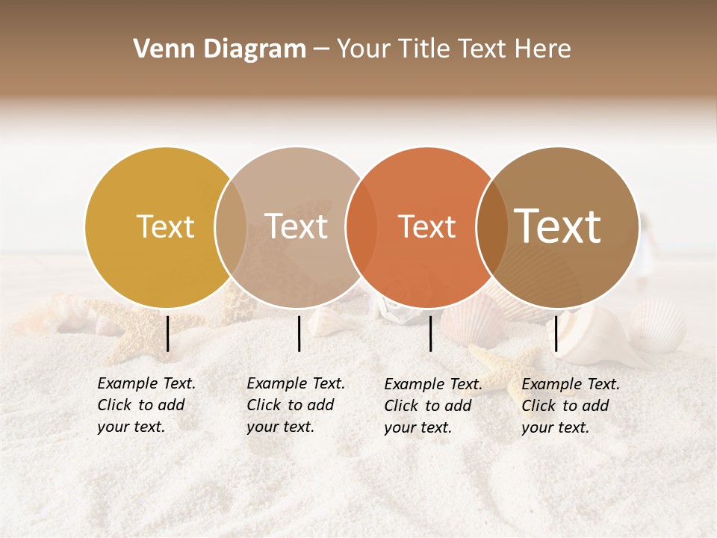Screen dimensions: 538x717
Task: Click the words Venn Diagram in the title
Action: click(220, 49)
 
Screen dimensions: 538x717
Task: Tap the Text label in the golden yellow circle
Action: click(165, 226)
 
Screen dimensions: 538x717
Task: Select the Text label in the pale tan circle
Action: click(296, 226)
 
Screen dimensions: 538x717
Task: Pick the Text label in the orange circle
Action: click(426, 226)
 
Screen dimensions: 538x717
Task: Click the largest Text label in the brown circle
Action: click(558, 226)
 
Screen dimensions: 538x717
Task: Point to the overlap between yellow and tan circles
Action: click(231, 227)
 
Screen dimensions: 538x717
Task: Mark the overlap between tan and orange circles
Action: click(361, 227)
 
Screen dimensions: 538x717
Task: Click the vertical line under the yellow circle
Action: click(168, 333)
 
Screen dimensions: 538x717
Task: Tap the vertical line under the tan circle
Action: click(299, 333)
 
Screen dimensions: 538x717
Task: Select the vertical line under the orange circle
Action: click(430, 333)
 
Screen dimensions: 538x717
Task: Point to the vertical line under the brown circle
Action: click(556, 333)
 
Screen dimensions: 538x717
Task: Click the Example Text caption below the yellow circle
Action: click(146, 405)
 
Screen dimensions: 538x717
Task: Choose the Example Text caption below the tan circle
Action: click(296, 405)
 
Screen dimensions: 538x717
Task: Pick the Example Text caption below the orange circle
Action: click(433, 406)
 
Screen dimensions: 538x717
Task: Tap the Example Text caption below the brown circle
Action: click(571, 406)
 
